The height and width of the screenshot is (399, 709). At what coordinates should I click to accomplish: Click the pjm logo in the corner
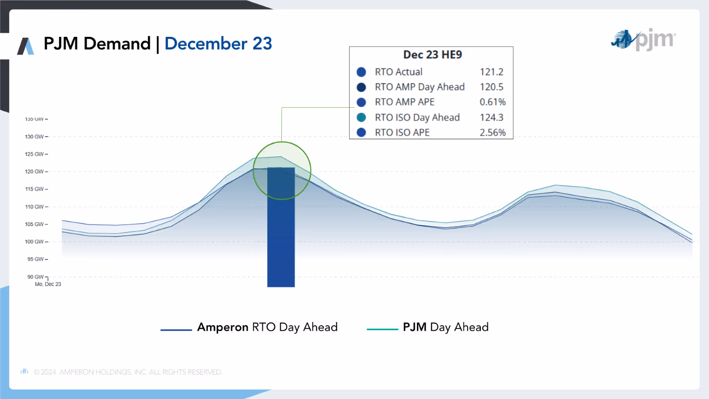click(x=643, y=40)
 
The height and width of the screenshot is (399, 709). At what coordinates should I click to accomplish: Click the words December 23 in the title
click(x=218, y=44)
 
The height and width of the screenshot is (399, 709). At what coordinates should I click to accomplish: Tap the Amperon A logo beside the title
click(x=26, y=46)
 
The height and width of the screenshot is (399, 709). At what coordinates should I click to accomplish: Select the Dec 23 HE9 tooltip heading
click(x=432, y=55)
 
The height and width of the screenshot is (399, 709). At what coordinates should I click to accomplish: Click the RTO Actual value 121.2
click(x=491, y=72)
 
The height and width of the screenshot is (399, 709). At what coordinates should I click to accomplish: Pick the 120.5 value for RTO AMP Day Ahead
click(x=491, y=87)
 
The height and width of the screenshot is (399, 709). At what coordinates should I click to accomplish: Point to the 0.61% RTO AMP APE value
click(x=492, y=102)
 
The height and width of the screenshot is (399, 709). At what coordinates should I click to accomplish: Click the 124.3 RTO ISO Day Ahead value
click(x=491, y=117)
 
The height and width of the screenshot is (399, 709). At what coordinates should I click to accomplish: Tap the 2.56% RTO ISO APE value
click(x=492, y=133)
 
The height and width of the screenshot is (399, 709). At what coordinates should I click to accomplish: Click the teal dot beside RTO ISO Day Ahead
click(x=361, y=117)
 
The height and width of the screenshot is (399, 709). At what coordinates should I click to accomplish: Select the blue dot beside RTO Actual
click(x=361, y=72)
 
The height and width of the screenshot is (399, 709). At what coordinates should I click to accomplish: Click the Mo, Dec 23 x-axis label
click(x=48, y=284)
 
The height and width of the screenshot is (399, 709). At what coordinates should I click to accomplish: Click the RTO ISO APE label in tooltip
click(x=402, y=133)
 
